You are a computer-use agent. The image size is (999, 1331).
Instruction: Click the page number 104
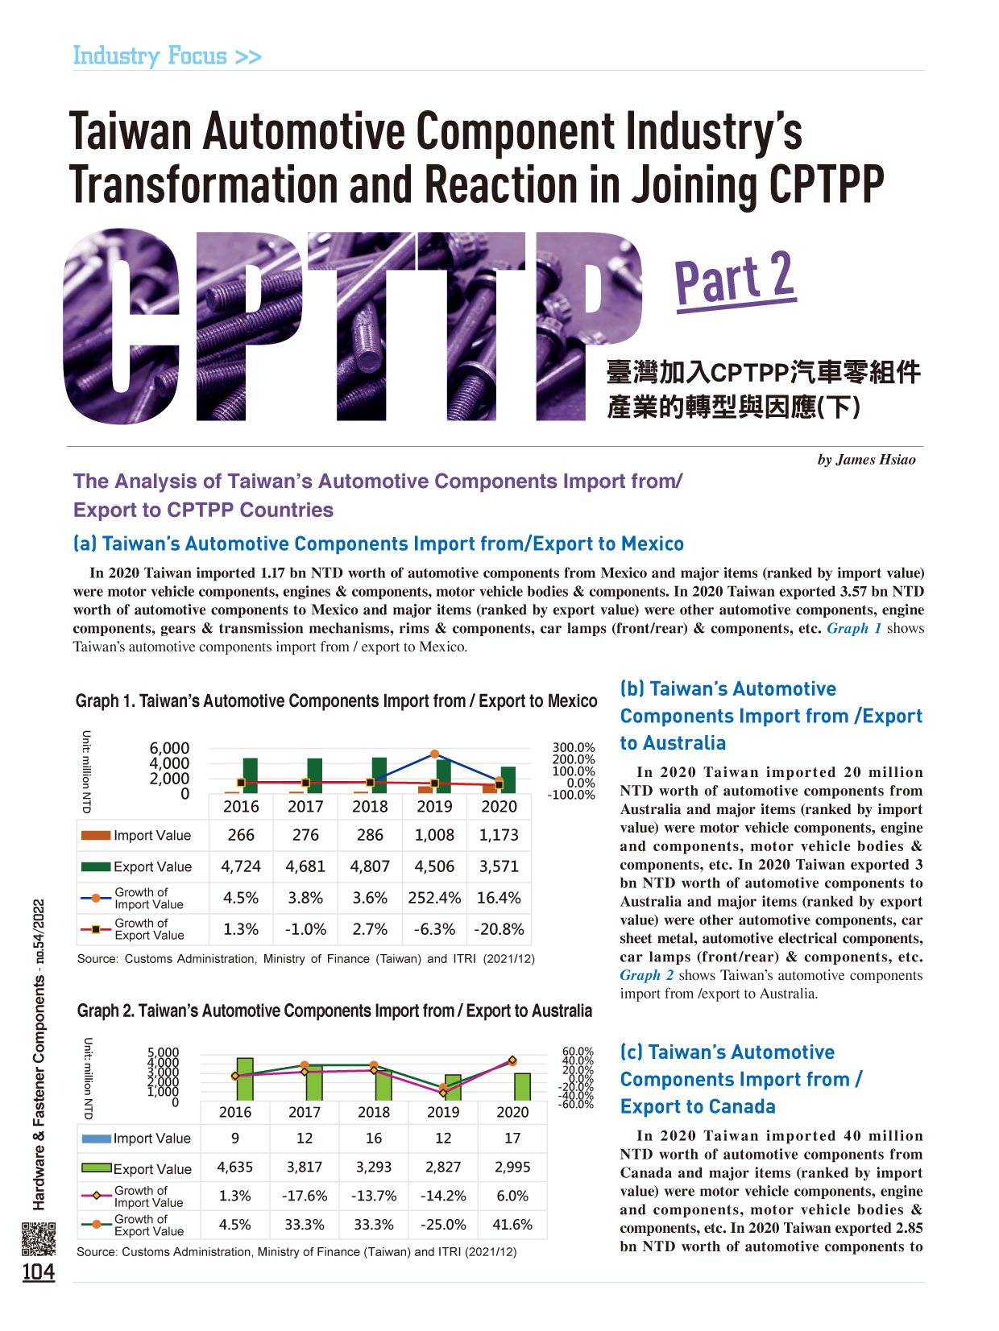[x=38, y=1271]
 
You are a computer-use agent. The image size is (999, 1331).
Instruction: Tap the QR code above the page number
[x=39, y=1238]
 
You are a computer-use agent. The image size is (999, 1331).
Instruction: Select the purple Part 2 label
[x=735, y=279]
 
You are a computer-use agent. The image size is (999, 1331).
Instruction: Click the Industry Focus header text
[x=167, y=56]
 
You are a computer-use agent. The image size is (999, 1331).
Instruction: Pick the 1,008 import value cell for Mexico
[x=433, y=835]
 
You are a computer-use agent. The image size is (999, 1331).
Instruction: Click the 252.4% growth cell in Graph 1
[x=433, y=898]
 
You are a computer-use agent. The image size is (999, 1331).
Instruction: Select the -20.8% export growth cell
[x=499, y=928]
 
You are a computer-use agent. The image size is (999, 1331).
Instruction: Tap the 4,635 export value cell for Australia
[x=234, y=1167]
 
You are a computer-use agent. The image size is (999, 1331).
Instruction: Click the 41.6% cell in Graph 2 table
[x=512, y=1224]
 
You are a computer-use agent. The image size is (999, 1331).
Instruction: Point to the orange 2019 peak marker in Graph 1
[x=434, y=754]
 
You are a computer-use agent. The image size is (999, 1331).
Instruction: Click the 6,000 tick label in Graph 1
[x=169, y=748]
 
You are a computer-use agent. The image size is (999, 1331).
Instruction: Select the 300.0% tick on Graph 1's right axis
[x=573, y=747]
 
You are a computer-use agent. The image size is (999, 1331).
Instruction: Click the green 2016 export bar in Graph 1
[x=250, y=775]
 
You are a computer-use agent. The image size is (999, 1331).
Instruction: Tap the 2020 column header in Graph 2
[x=512, y=1111]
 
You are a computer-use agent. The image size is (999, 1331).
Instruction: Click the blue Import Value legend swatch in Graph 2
[x=96, y=1139]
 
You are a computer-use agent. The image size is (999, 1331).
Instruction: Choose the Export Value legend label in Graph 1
[x=152, y=866]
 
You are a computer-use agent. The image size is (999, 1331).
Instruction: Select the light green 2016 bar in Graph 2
[x=244, y=1079]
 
